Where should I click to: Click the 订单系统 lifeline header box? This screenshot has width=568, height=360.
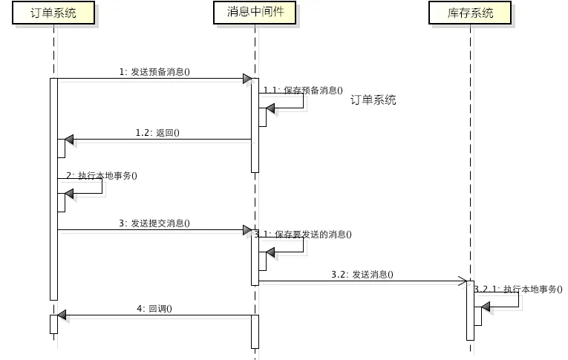(x=53, y=13)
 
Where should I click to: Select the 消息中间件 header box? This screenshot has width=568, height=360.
(x=254, y=11)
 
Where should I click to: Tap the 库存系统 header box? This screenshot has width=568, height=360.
(x=471, y=13)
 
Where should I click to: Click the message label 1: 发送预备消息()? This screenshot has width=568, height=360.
(x=154, y=72)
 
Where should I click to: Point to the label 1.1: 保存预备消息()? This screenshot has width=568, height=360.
(x=303, y=90)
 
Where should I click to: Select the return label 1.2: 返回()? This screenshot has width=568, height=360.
(x=157, y=133)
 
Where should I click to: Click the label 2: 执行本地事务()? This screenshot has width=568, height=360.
(x=102, y=175)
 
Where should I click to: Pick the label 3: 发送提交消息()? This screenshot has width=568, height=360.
(x=154, y=223)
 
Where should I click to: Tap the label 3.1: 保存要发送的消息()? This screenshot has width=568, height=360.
(x=303, y=234)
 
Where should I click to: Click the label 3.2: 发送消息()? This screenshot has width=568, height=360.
(x=362, y=275)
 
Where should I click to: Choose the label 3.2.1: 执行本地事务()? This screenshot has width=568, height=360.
(x=518, y=289)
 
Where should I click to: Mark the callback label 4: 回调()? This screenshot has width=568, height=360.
(x=154, y=308)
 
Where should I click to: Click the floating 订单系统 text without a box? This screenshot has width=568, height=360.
(x=373, y=100)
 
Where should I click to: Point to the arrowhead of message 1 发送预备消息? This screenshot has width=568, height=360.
(x=247, y=79)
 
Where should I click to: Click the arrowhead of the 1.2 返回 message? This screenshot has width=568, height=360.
(x=69, y=140)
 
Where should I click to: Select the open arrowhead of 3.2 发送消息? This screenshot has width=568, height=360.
(x=461, y=282)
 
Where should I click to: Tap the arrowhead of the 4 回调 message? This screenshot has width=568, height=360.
(x=62, y=315)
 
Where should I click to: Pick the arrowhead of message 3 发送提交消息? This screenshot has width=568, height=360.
(x=247, y=230)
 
